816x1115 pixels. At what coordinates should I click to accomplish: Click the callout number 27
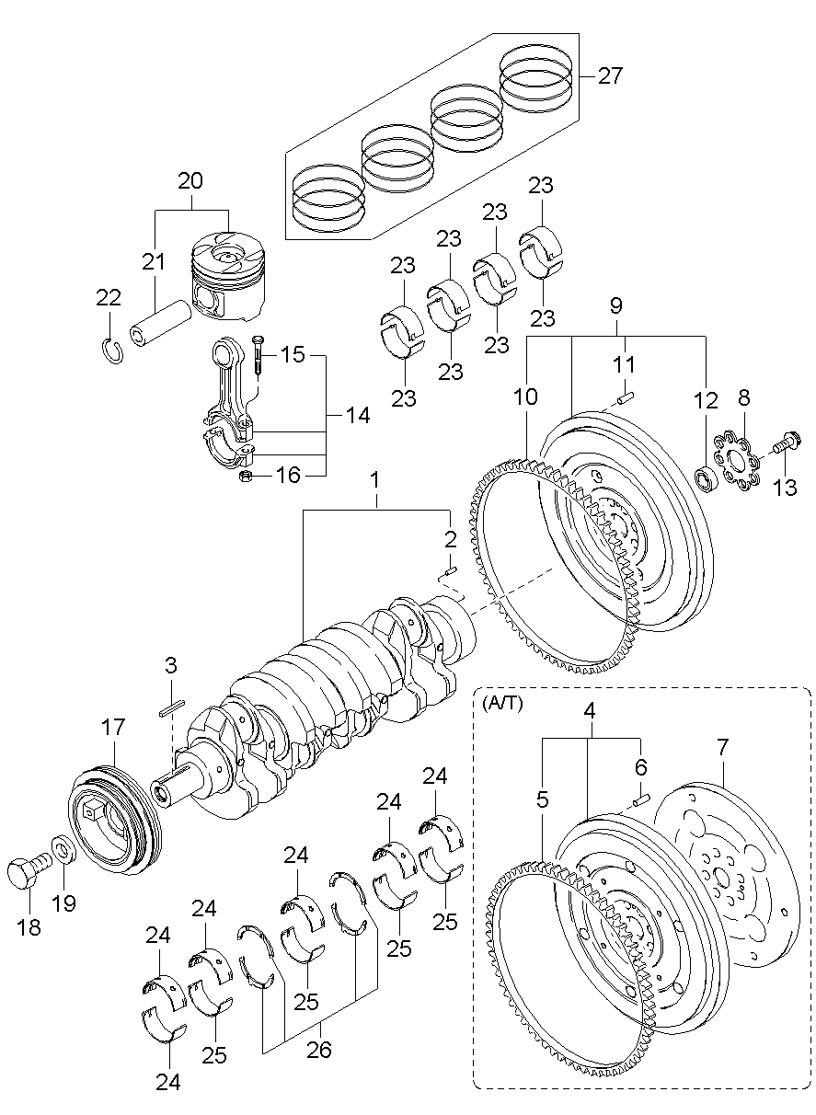tap(610, 75)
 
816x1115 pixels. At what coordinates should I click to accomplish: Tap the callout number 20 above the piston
tap(190, 180)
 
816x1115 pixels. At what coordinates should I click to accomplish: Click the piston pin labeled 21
tap(160, 324)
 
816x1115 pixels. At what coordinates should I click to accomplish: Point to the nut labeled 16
tap(245, 476)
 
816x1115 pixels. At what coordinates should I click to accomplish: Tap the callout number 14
tap(358, 415)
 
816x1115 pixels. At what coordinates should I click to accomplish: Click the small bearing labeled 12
tap(707, 477)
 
